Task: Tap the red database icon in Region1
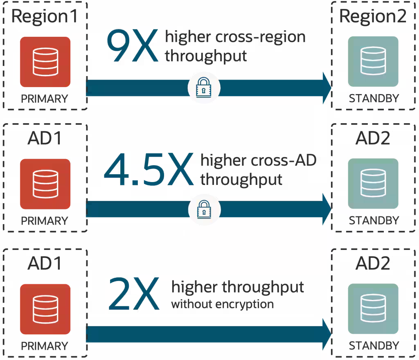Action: [45, 61]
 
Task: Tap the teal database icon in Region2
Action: [373, 61]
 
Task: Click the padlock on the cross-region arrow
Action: [204, 88]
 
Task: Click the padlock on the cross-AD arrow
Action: [204, 210]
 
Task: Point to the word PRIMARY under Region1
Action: [44, 99]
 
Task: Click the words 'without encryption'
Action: [222, 304]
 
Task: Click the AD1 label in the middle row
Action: [44, 139]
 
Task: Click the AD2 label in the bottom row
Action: [373, 263]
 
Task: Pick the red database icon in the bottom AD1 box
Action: [45, 308]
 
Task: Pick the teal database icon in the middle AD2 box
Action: [373, 184]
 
